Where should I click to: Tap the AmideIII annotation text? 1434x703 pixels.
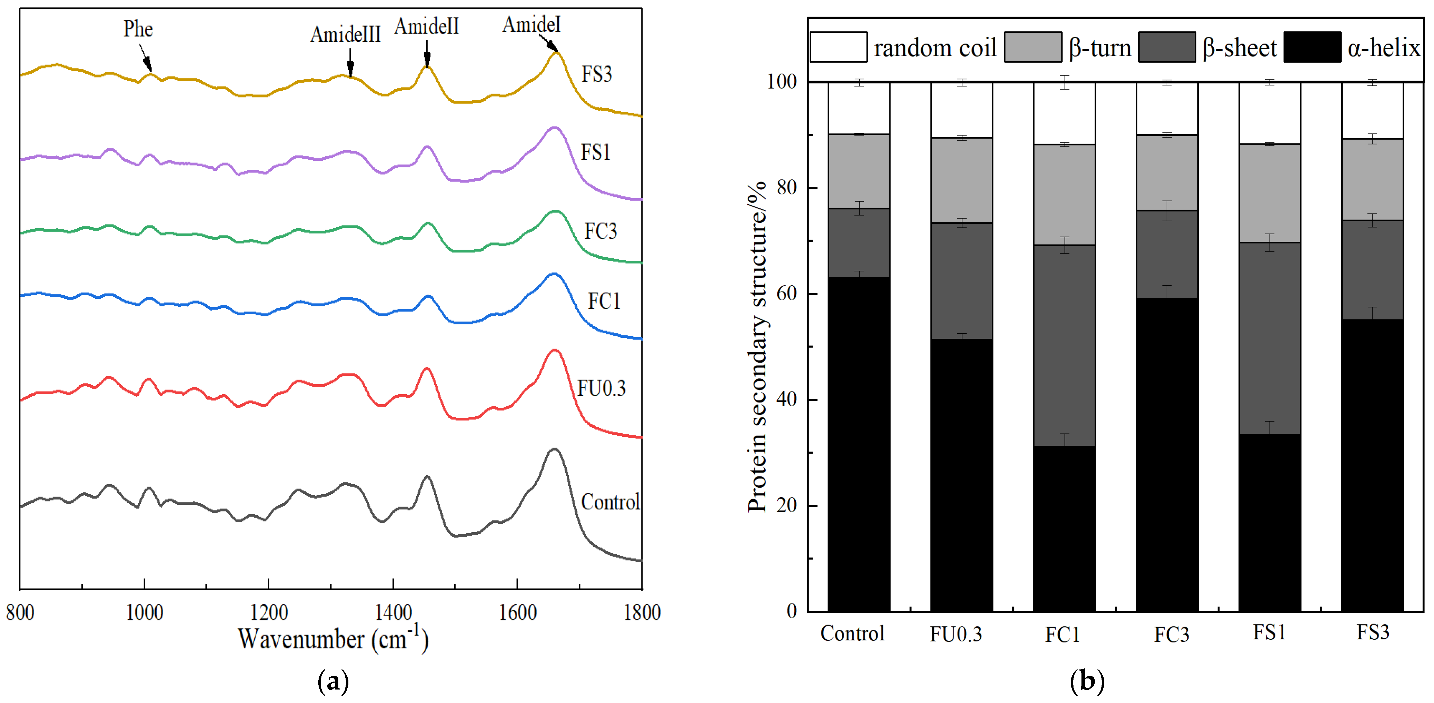[x=345, y=35]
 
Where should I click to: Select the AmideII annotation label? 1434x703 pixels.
[x=427, y=26]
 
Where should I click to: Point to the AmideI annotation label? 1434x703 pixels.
[x=531, y=25]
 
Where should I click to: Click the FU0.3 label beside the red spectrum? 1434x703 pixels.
[x=601, y=388]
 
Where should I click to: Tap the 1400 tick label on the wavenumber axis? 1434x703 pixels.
[x=393, y=613]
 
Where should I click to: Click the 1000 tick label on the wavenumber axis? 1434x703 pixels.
[x=144, y=613]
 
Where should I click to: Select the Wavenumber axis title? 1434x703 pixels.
[x=333, y=639]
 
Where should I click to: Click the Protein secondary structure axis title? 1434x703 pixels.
[x=757, y=345]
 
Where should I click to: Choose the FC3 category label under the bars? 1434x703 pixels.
[x=1171, y=634]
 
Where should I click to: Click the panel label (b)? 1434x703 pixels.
[x=1087, y=681]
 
